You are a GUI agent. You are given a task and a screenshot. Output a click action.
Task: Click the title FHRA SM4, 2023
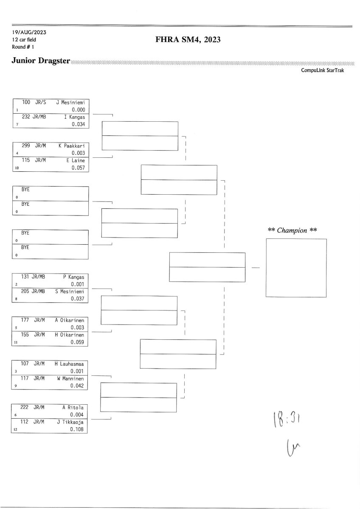[188, 40]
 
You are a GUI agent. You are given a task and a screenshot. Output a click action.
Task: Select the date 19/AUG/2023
[29, 33]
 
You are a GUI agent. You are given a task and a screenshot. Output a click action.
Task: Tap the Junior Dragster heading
[41, 61]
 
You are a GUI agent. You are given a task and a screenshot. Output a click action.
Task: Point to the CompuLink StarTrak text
[322, 70]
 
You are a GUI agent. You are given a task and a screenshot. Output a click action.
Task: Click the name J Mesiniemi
[70, 103]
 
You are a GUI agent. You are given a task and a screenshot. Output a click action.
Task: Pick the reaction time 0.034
[78, 124]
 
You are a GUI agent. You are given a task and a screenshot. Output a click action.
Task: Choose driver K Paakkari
[72, 146]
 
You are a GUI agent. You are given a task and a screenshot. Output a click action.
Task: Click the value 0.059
[78, 342]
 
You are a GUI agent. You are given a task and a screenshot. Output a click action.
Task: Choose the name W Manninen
[70, 378]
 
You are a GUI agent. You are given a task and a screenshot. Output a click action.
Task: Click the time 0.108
[78, 429]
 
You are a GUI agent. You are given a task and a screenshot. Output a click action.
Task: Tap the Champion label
[292, 230]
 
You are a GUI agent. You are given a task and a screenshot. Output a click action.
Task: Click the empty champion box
[296, 268]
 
